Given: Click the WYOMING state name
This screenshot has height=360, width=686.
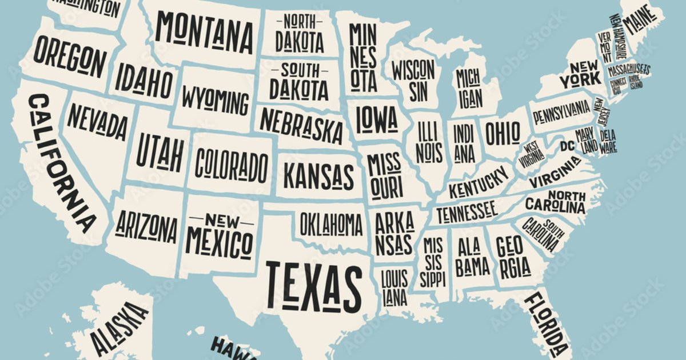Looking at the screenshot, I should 216,102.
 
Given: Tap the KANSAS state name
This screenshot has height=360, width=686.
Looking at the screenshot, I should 318,177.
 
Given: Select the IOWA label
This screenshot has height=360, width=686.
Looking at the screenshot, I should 376,118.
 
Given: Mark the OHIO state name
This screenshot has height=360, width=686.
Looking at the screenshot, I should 502,133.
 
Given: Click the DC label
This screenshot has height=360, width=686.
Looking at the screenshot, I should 567,146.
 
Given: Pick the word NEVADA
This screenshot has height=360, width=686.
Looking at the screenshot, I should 97,122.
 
